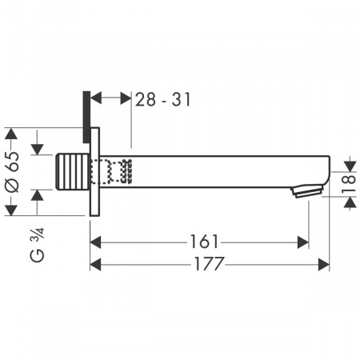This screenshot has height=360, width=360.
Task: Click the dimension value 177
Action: [x=210, y=263]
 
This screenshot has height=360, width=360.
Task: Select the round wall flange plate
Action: [x=93, y=170]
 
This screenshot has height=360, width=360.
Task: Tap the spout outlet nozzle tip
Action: [x=308, y=191]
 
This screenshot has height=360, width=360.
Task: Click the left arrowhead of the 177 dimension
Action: [x=94, y=263]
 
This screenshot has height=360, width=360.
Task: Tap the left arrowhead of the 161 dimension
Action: [x=94, y=241]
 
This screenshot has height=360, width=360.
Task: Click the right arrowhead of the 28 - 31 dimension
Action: [x=126, y=98]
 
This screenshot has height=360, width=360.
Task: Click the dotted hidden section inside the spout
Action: [x=112, y=170]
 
